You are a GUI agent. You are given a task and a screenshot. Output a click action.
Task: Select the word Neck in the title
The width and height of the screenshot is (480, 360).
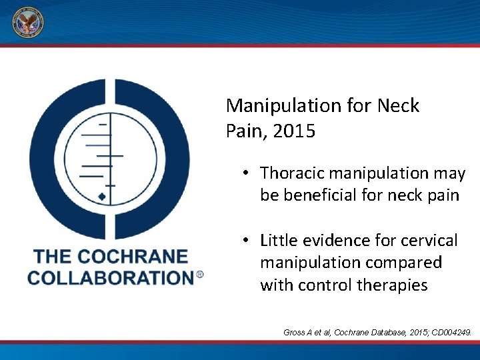point(397,105)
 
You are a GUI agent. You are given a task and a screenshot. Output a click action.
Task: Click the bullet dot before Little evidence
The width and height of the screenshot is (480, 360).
point(246,240)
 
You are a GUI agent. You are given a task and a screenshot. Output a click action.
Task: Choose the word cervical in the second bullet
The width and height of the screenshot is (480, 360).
point(433,240)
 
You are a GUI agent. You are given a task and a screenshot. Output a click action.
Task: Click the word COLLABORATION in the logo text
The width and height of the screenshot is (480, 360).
point(110,277)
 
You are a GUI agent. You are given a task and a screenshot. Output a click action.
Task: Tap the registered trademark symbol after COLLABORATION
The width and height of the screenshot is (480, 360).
point(199,274)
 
